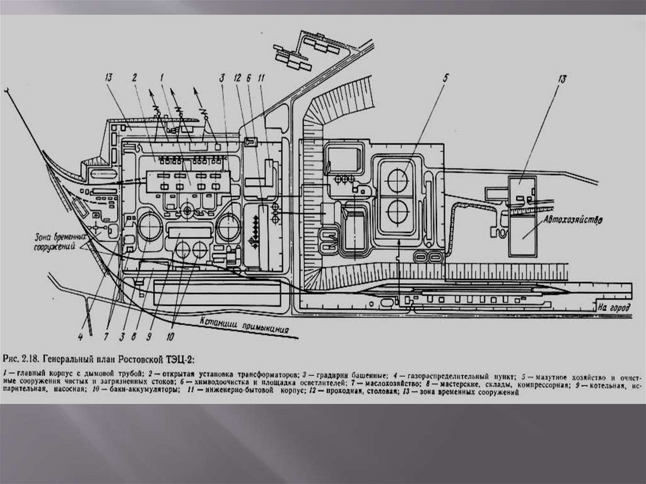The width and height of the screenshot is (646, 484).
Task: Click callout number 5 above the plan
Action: tap(445, 78)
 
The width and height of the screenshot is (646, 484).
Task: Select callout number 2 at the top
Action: tap(134, 78)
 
